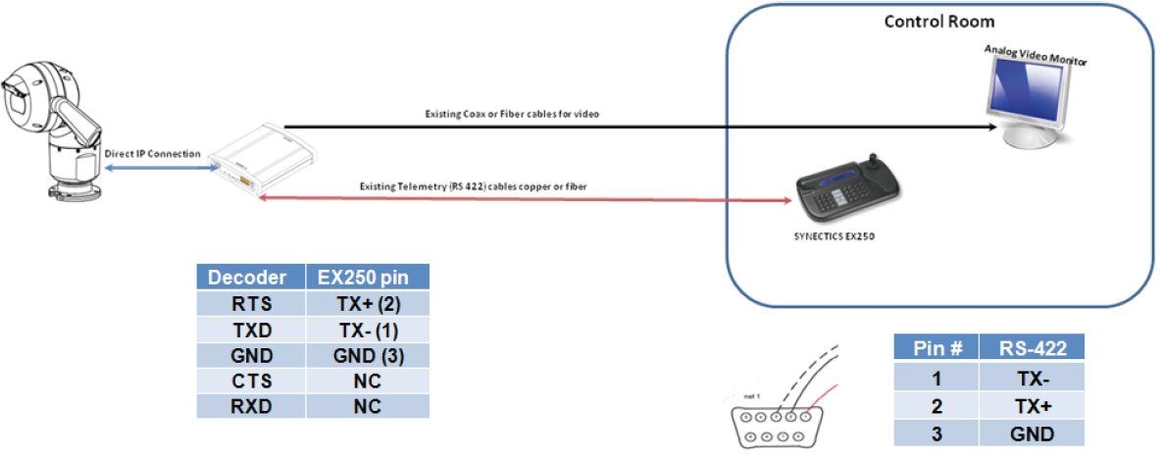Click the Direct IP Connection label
point(152,154)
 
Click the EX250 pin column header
point(367,278)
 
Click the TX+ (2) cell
point(367,303)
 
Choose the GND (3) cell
point(367,355)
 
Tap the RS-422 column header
point(1034,347)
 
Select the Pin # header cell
point(936,347)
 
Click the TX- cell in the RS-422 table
point(1034,376)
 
